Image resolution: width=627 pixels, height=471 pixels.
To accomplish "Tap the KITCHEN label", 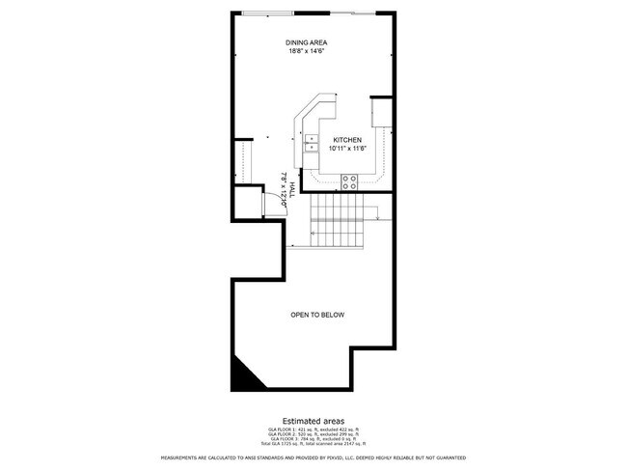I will pyautogui.click(x=347, y=140).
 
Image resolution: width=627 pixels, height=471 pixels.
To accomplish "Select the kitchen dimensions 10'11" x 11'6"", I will pyautogui.click(x=347, y=149).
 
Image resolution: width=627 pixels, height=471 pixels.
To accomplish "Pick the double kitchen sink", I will pyautogui.click(x=312, y=144).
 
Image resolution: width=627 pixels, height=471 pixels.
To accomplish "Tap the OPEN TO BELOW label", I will pyautogui.click(x=317, y=315).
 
